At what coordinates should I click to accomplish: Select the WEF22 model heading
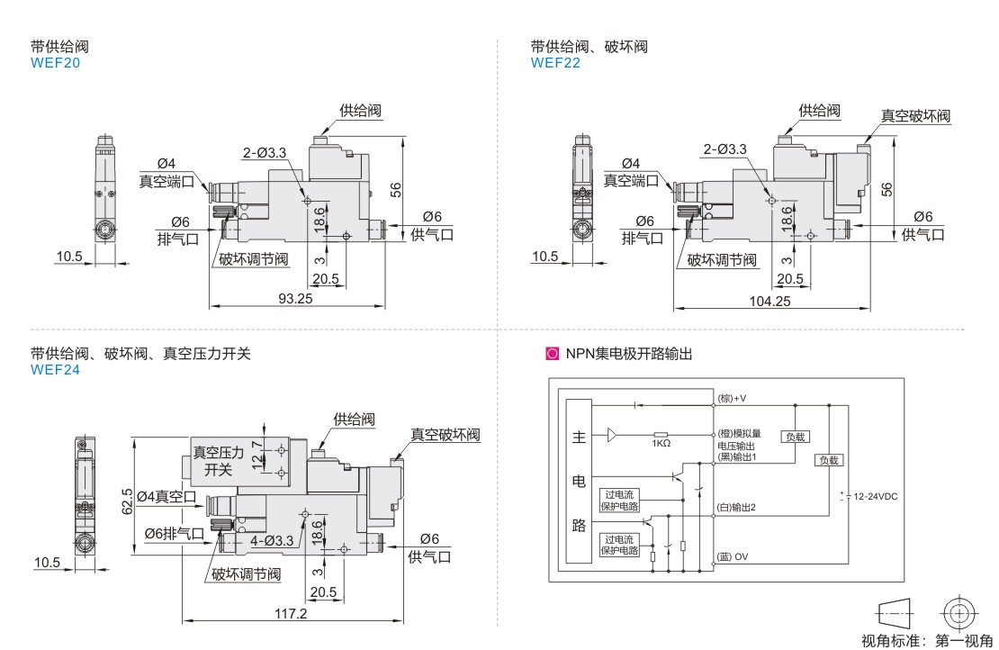(555, 63)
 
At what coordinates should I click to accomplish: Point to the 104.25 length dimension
(769, 301)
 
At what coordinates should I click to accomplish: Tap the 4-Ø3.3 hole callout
(272, 540)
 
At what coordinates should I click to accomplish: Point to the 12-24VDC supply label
(874, 496)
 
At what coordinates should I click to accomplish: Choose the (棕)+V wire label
(733, 397)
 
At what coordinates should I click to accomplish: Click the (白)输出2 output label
(736, 507)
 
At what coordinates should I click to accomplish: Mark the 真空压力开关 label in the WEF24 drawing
(218, 460)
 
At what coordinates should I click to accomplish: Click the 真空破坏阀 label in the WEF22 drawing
(914, 115)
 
